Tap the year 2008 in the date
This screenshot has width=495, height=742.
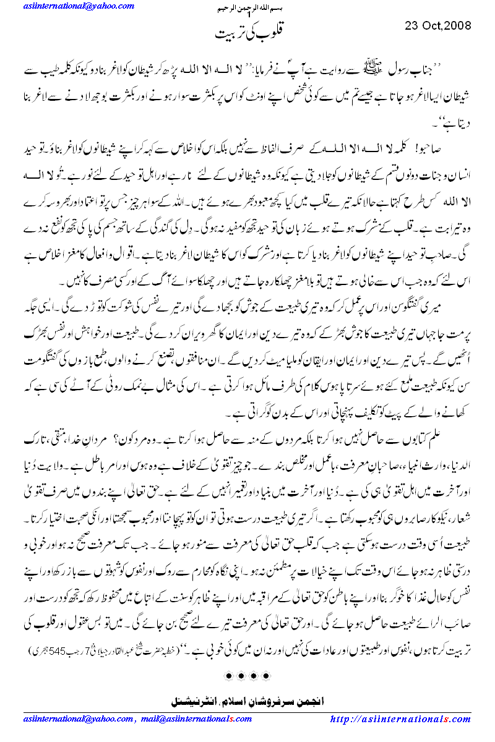tap(458, 26)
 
